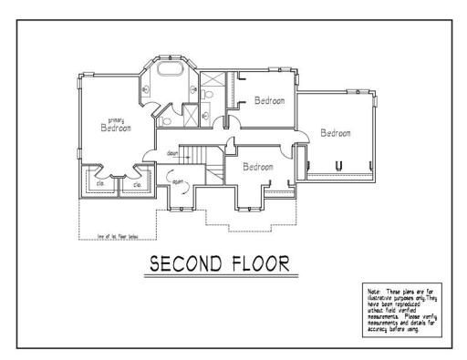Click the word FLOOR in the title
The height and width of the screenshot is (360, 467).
pyautogui.click(x=254, y=265)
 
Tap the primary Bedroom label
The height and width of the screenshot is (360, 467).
pyautogui.click(x=116, y=129)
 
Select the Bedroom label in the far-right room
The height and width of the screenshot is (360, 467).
pyautogui.click(x=336, y=133)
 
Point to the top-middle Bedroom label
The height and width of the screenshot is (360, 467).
pyautogui.click(x=270, y=100)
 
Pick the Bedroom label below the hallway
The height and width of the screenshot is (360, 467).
pyautogui.click(x=258, y=167)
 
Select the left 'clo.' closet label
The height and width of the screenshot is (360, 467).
pyautogui.click(x=101, y=184)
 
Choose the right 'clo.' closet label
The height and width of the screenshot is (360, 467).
pyautogui.click(x=137, y=184)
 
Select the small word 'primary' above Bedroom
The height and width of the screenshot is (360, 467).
pyautogui.click(x=116, y=120)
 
